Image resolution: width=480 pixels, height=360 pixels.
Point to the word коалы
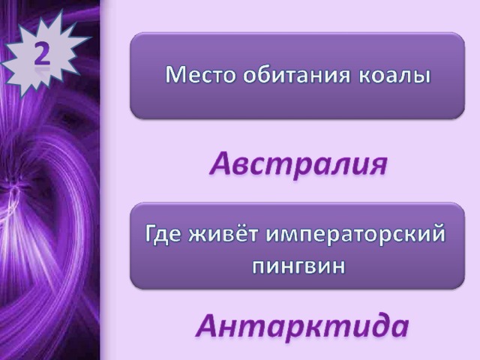click(394, 76)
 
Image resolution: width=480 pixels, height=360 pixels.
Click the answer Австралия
click(299, 163)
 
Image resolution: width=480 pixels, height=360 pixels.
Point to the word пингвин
click(298, 266)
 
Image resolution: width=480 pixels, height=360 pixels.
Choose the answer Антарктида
click(302, 325)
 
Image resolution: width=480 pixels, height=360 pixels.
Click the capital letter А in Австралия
click(222, 163)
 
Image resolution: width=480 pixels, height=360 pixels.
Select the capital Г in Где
click(151, 234)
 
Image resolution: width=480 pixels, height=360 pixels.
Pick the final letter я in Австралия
click(379, 166)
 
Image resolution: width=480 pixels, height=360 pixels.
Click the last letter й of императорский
click(438, 233)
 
